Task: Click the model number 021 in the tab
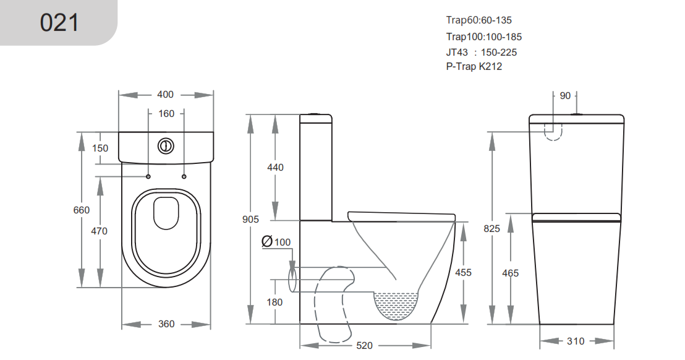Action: click(59, 23)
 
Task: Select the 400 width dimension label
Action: click(165, 95)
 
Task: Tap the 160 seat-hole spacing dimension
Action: click(167, 113)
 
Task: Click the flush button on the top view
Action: click(166, 146)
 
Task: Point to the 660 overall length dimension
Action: click(82, 210)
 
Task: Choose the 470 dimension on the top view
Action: click(99, 231)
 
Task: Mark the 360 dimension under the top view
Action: click(166, 324)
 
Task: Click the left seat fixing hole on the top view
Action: click(148, 176)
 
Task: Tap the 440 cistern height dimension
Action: click(275, 167)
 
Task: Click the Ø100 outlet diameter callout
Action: click(276, 241)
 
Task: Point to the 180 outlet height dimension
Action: click(275, 302)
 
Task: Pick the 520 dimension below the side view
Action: click(365, 345)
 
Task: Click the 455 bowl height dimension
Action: click(463, 272)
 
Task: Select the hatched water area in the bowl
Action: click(396, 304)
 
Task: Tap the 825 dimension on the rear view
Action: click(491, 228)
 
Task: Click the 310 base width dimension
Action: click(576, 341)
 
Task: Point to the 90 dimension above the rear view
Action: click(565, 95)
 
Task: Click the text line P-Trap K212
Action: click(474, 67)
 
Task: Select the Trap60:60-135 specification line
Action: click(479, 20)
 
